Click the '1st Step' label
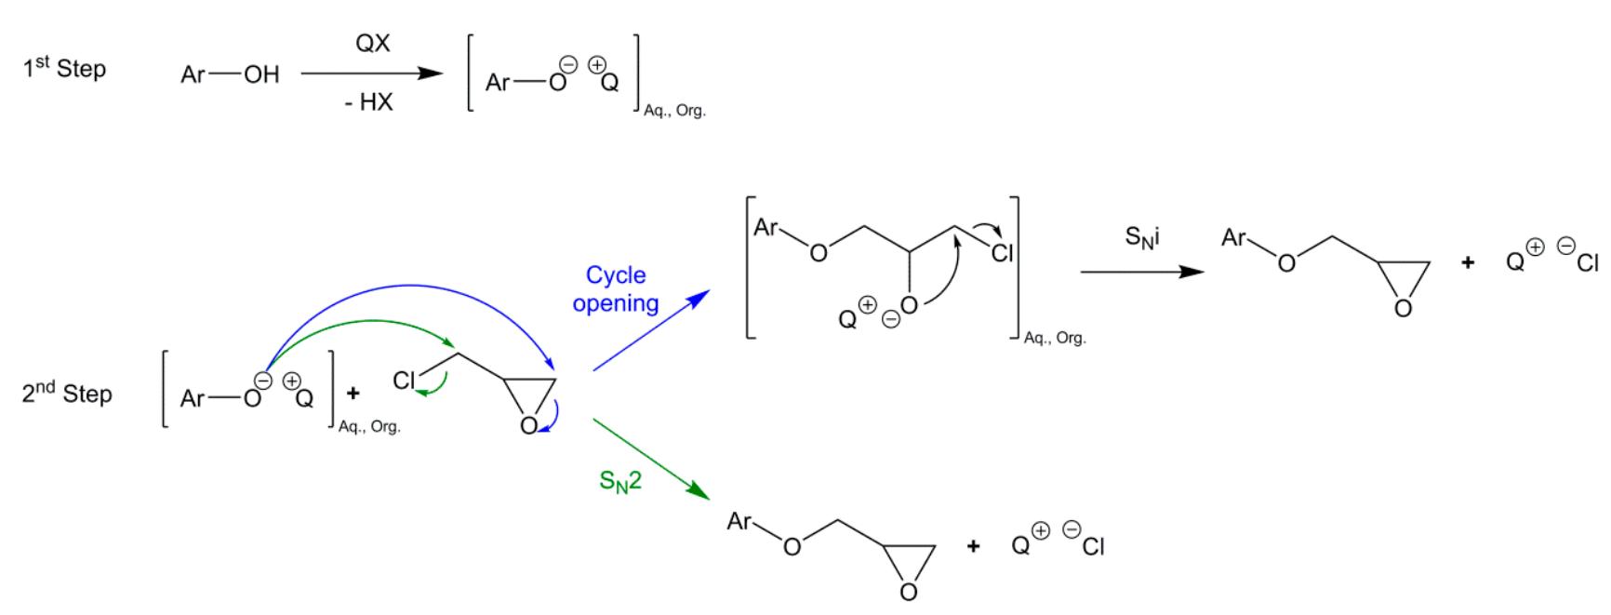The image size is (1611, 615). tap(64, 68)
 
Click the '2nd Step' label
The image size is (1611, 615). tap(67, 394)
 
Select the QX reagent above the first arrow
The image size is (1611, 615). tap(373, 44)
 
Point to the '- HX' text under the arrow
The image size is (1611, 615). tap(369, 102)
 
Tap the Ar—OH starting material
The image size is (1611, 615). tap(230, 74)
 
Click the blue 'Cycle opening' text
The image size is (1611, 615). tap(616, 289)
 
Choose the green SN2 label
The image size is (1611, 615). tap(620, 483)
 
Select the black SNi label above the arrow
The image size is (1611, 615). tap(1142, 237)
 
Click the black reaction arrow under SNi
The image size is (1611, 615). tap(1142, 272)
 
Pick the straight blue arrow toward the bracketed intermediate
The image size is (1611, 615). tap(651, 330)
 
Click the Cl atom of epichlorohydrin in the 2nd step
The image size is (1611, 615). tap(404, 380)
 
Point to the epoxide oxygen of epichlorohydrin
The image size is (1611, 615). tap(528, 425)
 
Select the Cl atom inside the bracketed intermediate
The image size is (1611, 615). tap(1002, 252)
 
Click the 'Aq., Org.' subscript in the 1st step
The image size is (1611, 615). tap(675, 111)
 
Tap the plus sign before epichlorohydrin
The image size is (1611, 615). tap(353, 394)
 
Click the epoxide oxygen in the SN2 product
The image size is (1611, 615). tap(909, 592)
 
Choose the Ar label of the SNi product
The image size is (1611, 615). tap(1233, 237)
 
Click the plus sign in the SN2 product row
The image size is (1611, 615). tap(973, 546)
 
